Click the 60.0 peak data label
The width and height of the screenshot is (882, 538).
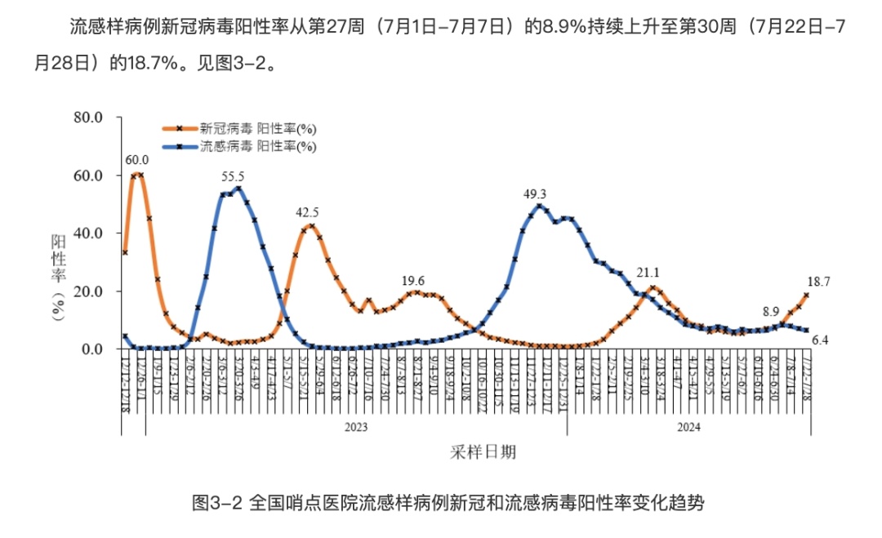point(137,159)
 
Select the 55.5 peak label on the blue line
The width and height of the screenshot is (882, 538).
point(233,176)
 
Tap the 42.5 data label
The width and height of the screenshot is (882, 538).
point(307,213)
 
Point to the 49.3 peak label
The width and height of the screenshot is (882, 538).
point(535,194)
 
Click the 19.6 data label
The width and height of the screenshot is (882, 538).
point(413,280)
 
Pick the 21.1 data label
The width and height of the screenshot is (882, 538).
point(648,273)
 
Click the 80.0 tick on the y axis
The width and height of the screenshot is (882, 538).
point(87,118)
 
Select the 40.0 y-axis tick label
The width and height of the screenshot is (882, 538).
point(87,233)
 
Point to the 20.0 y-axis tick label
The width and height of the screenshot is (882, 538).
point(87,291)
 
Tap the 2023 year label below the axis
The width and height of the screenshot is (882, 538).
point(355,427)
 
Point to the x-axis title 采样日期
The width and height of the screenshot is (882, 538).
point(483,451)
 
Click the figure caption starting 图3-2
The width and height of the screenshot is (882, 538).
point(447,502)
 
